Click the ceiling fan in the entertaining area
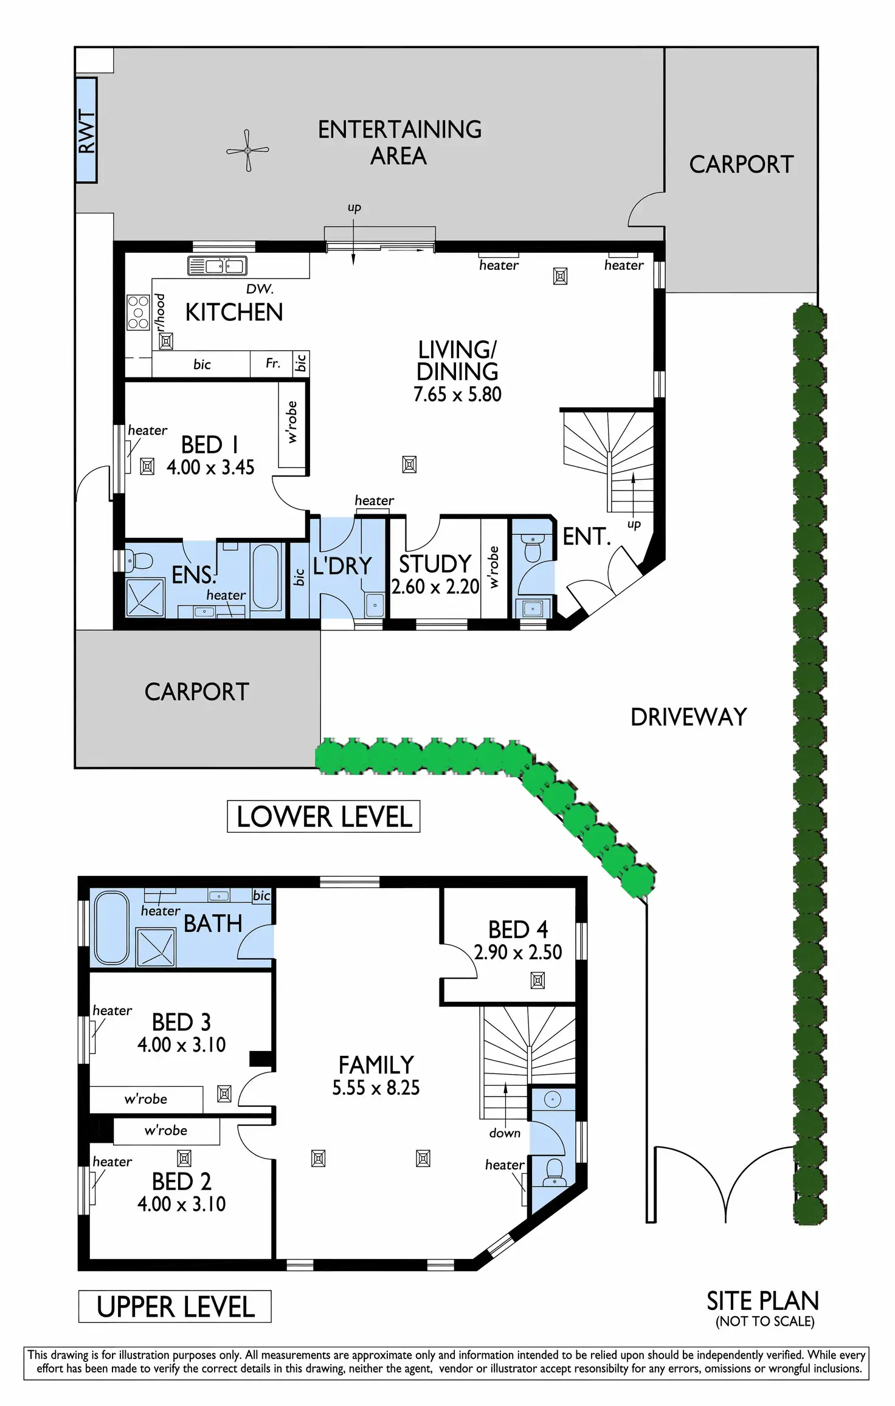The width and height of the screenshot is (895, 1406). click(247, 150)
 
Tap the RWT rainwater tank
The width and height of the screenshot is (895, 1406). click(86, 130)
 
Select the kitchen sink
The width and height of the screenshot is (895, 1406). click(217, 266)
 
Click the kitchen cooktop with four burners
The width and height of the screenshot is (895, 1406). click(138, 312)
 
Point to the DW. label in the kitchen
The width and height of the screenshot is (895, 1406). click(260, 289)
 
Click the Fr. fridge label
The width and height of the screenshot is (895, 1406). click(273, 363)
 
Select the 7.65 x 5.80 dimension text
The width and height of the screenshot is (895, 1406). click(457, 394)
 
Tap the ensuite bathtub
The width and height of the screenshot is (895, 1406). click(265, 576)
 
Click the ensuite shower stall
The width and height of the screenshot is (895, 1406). click(145, 598)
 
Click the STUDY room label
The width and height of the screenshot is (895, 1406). click(435, 564)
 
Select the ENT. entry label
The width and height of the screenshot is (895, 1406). click(586, 537)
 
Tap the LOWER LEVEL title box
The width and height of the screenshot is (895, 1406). click(323, 816)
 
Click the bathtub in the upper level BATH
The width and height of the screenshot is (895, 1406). click(112, 928)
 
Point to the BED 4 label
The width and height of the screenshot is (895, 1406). click(518, 929)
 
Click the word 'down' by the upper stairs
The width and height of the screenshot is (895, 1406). click(505, 1133)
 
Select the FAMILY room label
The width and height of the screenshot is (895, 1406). click(376, 1065)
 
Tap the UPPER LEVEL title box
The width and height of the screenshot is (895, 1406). click(175, 1306)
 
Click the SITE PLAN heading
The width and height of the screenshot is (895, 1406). click(762, 1301)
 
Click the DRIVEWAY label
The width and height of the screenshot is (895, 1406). click(688, 717)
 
